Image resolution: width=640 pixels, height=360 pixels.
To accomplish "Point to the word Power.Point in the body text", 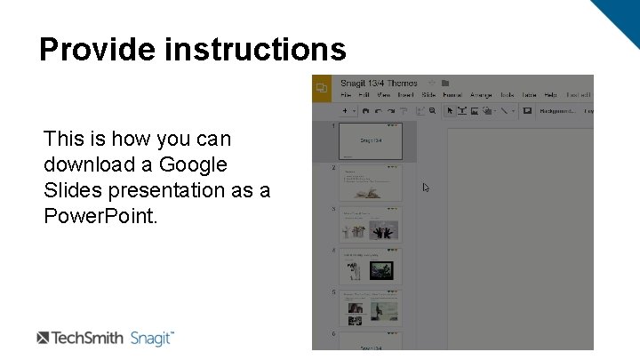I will pos(100,215).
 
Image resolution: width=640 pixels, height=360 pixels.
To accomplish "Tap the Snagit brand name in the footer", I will pos(152,338).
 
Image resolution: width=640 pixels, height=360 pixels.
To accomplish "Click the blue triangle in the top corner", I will pos(619,18).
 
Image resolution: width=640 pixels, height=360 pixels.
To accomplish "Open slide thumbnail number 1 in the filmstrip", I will pos(369,140).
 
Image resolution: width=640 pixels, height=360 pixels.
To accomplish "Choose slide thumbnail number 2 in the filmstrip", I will pos(369,182).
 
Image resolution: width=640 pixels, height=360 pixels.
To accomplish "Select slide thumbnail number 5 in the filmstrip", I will pos(369,308).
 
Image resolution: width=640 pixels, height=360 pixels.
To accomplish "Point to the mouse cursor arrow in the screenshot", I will pos(426,188).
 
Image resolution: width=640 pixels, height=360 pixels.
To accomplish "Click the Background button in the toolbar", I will pos(556,111).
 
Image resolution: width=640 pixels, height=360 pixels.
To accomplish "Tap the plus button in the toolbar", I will pos(345,111).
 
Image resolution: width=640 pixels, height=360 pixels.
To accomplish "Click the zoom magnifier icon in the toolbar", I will pos(433,111).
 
